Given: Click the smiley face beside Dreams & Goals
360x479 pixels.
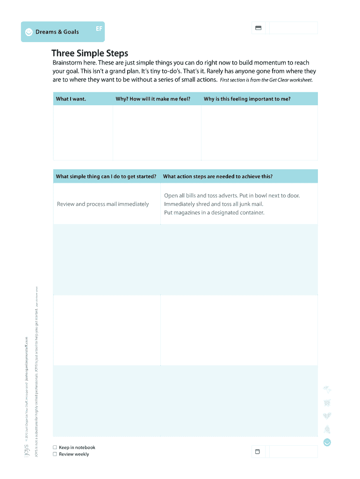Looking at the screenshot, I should (29, 32).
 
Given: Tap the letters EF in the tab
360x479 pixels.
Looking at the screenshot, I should (99, 28).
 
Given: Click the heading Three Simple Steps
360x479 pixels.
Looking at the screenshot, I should (90, 53).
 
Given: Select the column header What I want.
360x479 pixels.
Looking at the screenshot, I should (71, 99).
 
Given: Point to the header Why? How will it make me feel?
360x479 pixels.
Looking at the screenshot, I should (153, 99).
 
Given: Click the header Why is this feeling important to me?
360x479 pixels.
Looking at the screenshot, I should (247, 99).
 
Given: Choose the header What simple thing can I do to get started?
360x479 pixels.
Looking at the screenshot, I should (106, 176).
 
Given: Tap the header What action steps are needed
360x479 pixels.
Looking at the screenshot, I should (217, 176).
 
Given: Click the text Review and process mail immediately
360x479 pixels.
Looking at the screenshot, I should (103, 204).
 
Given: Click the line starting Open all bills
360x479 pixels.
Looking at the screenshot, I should (232, 196).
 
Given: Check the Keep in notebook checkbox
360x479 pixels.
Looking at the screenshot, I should (55, 448).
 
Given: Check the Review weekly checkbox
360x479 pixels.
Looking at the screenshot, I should (55, 454).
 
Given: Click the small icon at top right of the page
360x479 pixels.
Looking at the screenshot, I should (258, 28).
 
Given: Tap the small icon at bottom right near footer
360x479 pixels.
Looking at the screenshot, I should (257, 452).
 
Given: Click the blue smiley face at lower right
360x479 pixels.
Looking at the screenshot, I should (327, 442).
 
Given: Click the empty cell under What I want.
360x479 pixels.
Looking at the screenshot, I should (83, 133).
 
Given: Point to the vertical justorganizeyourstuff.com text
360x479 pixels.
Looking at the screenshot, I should (27, 358).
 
